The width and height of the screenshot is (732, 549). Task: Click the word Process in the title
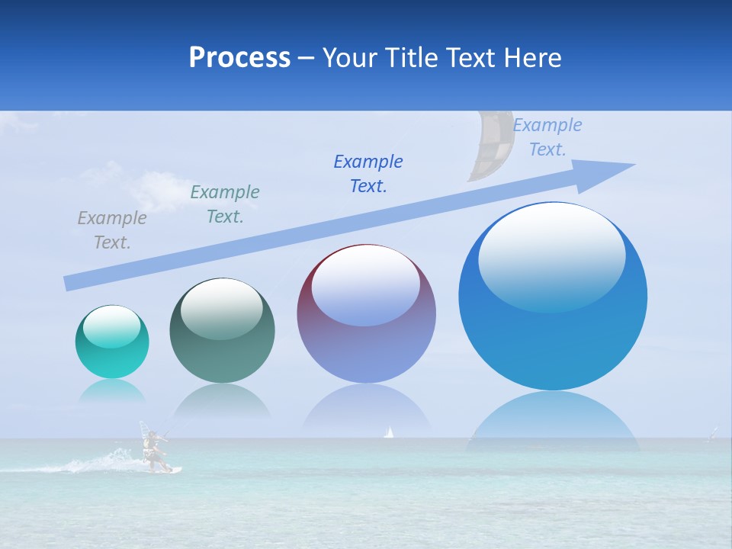pos(239,58)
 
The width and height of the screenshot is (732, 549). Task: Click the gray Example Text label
pos(111,230)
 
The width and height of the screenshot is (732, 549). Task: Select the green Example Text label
pos(224,204)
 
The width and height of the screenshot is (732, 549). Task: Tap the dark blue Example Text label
pos(368,173)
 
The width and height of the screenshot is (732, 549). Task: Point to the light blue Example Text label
pos(547,137)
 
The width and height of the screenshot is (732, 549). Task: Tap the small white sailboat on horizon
pos(389,432)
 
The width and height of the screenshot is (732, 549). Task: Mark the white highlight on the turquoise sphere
pos(111,327)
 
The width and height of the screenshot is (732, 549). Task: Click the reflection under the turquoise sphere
pos(112,391)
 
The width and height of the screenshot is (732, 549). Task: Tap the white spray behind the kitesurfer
pos(103,461)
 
